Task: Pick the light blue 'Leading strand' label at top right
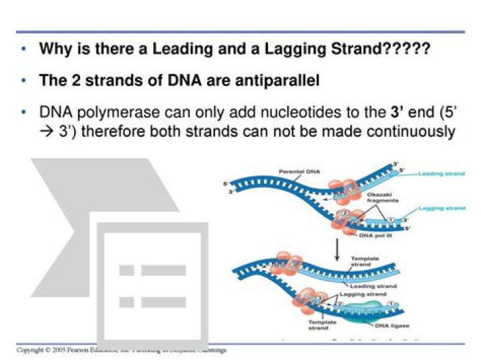[x=442, y=174]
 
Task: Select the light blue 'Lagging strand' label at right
[x=442, y=208]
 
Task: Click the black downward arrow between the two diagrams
[x=337, y=249]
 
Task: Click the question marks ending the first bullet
[x=408, y=49]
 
